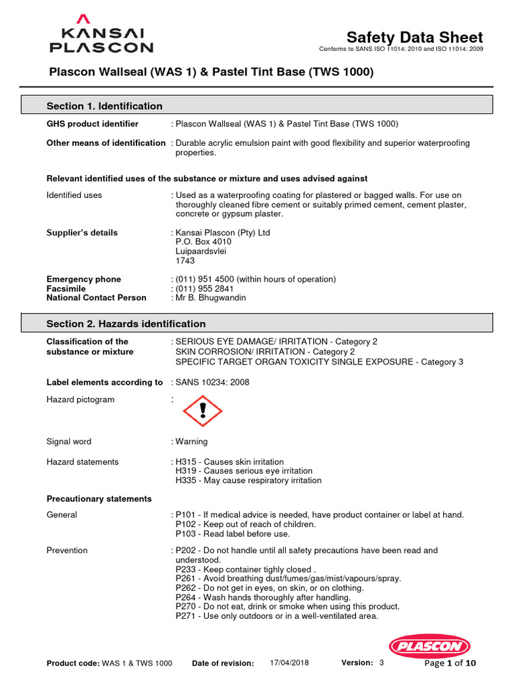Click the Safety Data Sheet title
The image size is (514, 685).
(x=414, y=37)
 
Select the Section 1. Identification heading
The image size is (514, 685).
(x=104, y=106)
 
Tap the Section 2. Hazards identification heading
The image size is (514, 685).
(x=126, y=324)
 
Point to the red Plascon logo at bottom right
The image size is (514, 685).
(x=430, y=646)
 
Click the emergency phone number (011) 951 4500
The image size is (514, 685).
(x=201, y=279)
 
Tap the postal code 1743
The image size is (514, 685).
(x=185, y=261)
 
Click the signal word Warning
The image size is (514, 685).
(x=191, y=442)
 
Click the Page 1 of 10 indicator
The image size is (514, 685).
(x=450, y=663)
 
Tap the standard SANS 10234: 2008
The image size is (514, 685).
(x=213, y=382)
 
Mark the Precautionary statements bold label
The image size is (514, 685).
(x=99, y=498)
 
